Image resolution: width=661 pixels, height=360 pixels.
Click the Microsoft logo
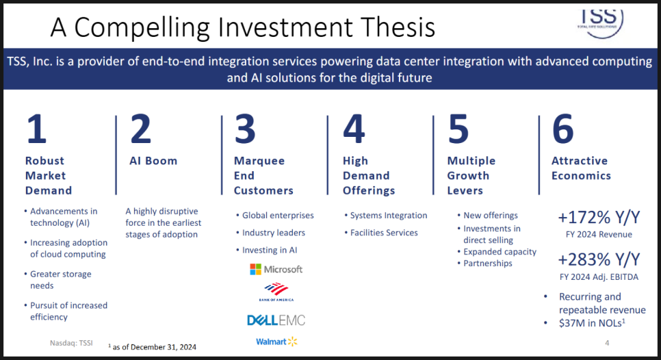[x=276, y=270]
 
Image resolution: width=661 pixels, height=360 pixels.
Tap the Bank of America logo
[x=276, y=292]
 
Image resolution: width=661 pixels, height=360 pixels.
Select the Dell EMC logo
[x=276, y=320]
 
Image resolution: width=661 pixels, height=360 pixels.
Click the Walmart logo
[x=276, y=342]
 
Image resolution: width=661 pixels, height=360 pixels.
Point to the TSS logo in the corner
[x=600, y=22]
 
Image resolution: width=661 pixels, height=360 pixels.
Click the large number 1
[x=36, y=129]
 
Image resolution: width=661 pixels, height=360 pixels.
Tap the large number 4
[x=354, y=129]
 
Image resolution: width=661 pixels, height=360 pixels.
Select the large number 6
[x=562, y=129]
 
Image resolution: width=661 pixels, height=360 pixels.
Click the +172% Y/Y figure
[x=599, y=218]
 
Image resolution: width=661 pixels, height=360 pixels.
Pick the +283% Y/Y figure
[x=599, y=259]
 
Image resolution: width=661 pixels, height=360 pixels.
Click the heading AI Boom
[x=153, y=161]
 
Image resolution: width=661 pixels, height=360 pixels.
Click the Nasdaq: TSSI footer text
[x=71, y=343]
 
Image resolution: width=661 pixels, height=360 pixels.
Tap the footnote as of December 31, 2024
[x=152, y=347]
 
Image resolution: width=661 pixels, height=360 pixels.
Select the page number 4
[x=607, y=343]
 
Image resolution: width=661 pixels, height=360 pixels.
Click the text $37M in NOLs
[x=592, y=323]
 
